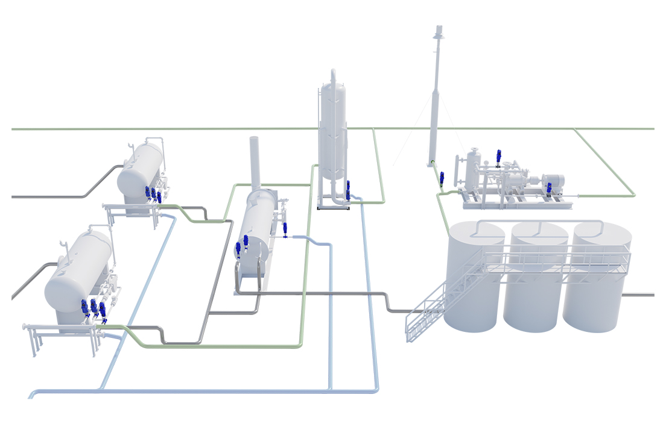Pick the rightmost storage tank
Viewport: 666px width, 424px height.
[594, 283]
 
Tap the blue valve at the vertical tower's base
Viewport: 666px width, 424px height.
[348, 189]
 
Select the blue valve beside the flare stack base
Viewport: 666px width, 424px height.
[442, 178]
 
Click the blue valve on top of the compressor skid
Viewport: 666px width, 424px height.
[498, 157]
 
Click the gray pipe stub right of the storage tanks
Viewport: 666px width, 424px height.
[640, 295]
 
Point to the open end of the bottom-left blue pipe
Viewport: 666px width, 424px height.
[30, 396]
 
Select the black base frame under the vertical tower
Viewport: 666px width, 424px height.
[333, 208]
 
